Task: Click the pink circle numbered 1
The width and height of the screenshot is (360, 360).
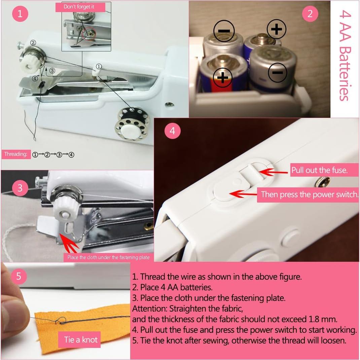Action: (x=20, y=14)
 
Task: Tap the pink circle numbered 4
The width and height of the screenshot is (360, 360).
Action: (x=172, y=131)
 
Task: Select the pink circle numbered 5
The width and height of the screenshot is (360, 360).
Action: (x=19, y=276)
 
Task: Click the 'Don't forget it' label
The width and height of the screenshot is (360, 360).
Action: (x=80, y=7)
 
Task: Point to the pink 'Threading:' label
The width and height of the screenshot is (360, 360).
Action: (x=15, y=154)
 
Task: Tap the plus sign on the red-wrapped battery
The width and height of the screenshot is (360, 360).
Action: (x=222, y=78)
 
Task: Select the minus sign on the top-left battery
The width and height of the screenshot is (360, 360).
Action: (x=224, y=31)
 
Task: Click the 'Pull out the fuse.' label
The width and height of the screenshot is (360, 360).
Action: (x=319, y=170)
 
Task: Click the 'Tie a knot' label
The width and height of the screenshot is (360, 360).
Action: (x=81, y=339)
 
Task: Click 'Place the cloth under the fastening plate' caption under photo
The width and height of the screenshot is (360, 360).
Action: (x=108, y=257)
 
